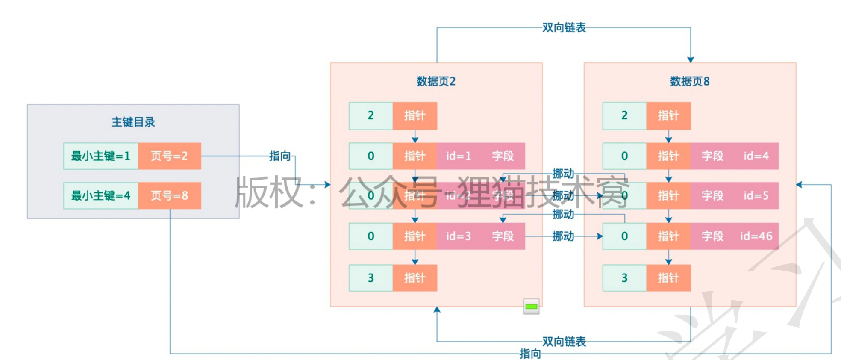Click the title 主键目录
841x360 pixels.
click(x=133, y=122)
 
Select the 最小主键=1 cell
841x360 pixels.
click(x=100, y=156)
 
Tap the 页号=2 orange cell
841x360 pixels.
click(x=169, y=156)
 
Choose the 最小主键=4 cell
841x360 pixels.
click(x=100, y=196)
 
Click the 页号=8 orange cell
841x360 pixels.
click(x=169, y=196)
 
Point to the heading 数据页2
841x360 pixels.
click(x=436, y=81)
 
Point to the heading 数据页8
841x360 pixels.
click(x=690, y=81)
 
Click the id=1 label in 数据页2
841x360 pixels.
click(x=459, y=156)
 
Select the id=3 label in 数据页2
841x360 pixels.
click(x=459, y=236)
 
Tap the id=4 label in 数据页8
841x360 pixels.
click(x=756, y=156)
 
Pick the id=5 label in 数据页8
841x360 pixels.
click(x=756, y=196)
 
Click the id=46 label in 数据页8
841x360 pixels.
click(x=756, y=236)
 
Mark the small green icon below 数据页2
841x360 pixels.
click(x=531, y=306)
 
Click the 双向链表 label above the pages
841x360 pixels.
click(x=564, y=28)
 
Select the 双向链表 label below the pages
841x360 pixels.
click(x=564, y=342)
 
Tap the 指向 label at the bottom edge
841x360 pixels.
click(x=530, y=354)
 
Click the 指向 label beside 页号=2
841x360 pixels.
click(x=280, y=156)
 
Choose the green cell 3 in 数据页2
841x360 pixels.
click(x=371, y=278)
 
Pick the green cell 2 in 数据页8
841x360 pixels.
click(x=624, y=115)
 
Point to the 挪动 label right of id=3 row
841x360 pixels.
click(x=563, y=236)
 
